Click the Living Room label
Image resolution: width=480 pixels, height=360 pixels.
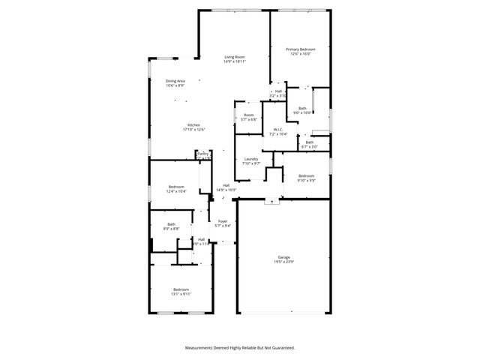point(235,57)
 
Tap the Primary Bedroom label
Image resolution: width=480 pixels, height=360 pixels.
point(298,49)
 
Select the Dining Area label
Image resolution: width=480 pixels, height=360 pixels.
point(175,81)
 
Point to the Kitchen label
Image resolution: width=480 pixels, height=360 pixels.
point(193,124)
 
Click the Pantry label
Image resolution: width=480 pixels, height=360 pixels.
point(203,154)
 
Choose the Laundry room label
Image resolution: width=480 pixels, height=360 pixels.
point(251,159)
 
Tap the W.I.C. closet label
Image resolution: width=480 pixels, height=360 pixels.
point(277,129)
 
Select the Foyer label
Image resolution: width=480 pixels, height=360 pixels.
point(223,221)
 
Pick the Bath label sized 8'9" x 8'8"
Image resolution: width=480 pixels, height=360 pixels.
point(171,223)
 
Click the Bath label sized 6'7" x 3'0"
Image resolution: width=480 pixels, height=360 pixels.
point(310,142)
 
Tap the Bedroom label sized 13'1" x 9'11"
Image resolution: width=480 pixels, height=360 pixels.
point(181,289)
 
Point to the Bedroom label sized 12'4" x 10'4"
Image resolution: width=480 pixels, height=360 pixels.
point(176,187)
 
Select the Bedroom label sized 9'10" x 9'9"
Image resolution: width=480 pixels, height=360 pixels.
point(306,175)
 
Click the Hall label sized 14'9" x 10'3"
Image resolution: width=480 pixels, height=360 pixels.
point(226,185)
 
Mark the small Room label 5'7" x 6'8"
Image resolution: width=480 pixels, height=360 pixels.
point(248,115)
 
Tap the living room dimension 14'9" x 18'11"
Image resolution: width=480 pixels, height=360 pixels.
point(235,61)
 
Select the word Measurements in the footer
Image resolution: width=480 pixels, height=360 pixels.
point(202,348)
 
